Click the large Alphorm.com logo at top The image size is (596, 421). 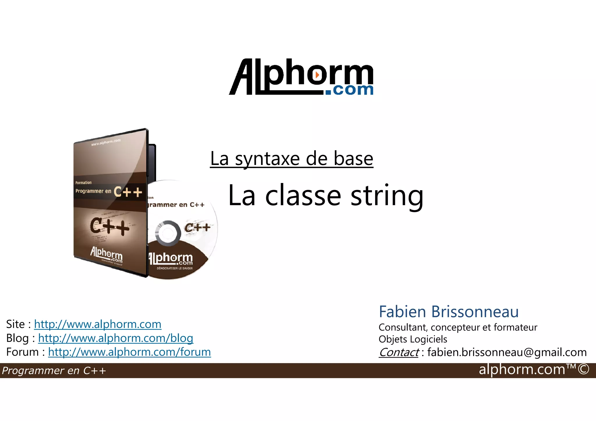pyautogui.click(x=301, y=77)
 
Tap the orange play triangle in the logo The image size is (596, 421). pyautogui.click(x=317, y=75)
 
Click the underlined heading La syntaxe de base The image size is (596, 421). pyautogui.click(x=292, y=159)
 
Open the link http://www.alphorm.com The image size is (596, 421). pyautogui.click(x=98, y=324)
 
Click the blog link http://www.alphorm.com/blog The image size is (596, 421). pyautogui.click(x=116, y=338)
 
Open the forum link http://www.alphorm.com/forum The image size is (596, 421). pyautogui.click(x=130, y=352)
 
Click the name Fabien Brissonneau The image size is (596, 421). pyautogui.click(x=448, y=312)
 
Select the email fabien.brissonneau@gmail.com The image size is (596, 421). pyautogui.click(x=507, y=352)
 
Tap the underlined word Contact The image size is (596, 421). pyautogui.click(x=399, y=352)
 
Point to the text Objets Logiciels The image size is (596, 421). pyautogui.click(x=413, y=339)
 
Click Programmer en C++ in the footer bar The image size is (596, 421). pyautogui.click(x=54, y=371)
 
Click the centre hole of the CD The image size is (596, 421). pyautogui.click(x=168, y=233)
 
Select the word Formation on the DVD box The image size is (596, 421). pyautogui.click(x=84, y=183)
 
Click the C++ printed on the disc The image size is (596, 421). pyautogui.click(x=197, y=227)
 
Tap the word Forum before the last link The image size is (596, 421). pyautogui.click(x=22, y=352)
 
